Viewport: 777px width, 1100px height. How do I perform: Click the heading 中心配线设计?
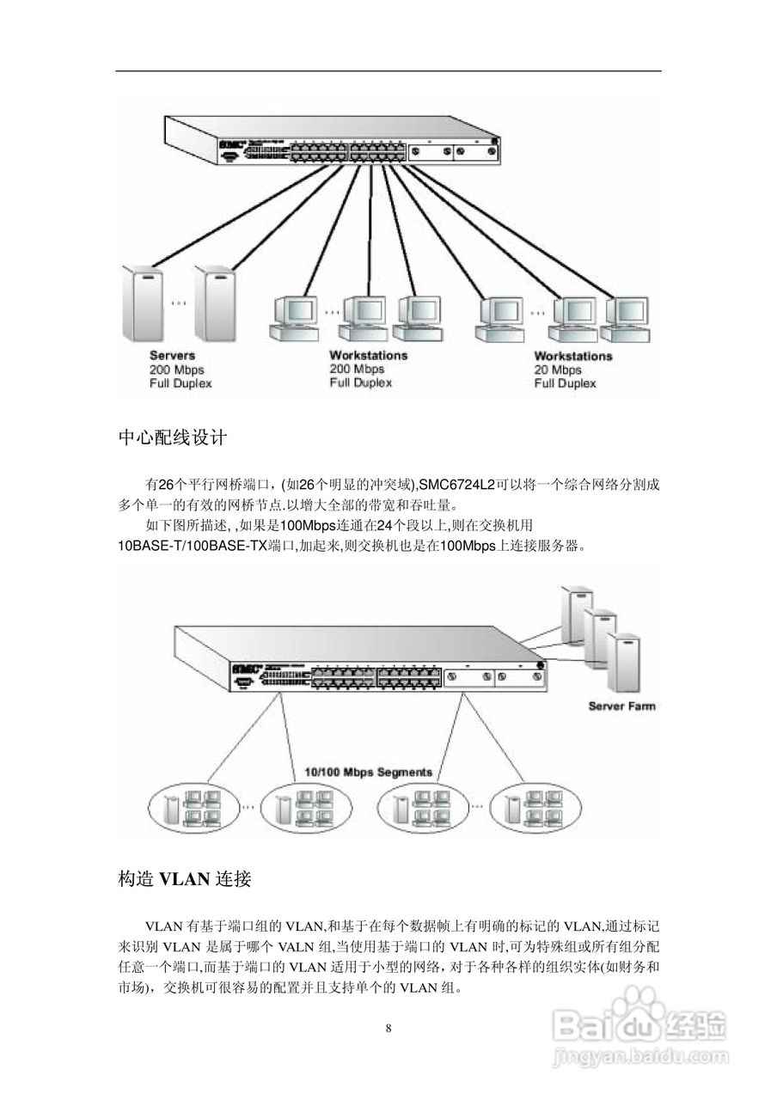(172, 437)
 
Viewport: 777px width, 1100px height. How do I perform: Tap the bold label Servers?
(172, 355)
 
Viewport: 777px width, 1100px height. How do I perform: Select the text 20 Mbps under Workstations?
(558, 370)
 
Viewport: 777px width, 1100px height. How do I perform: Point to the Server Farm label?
(621, 706)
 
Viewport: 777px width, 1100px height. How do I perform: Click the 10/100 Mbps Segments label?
(368, 772)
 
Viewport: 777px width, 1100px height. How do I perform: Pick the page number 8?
(388, 1029)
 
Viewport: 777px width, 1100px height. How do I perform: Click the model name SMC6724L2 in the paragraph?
(456, 485)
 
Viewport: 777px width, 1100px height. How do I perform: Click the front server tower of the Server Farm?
(625, 662)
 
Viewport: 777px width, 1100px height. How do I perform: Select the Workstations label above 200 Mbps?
(368, 355)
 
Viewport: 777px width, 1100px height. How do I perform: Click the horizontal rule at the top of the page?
(388, 70)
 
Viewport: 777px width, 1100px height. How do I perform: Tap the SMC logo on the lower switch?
(246, 668)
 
